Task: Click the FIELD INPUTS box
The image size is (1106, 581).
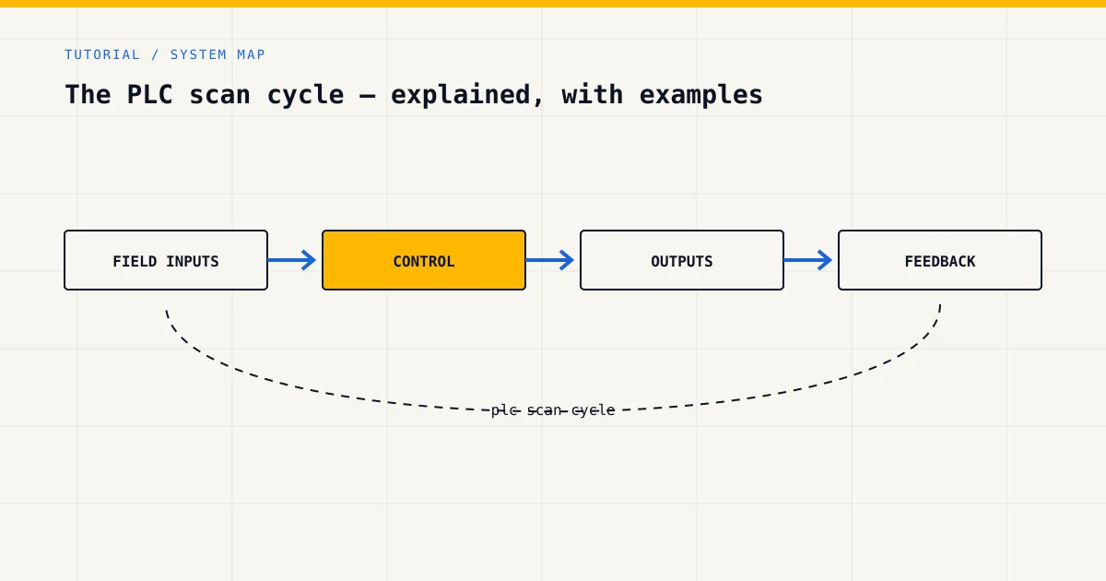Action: tap(166, 260)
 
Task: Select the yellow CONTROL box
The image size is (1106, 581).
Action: tap(424, 260)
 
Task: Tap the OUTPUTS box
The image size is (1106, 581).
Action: tap(682, 260)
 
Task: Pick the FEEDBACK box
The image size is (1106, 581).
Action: tap(940, 260)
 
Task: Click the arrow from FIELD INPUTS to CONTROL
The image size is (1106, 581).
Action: tap(292, 260)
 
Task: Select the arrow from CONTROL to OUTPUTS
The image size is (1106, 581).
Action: tap(550, 260)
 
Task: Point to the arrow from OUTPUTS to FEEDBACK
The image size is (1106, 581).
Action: tap(808, 260)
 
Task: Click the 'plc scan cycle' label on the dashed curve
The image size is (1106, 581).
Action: tap(553, 410)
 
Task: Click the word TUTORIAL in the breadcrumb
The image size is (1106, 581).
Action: tap(102, 54)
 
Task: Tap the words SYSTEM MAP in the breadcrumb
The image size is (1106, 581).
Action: tap(218, 54)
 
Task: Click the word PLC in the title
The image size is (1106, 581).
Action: tap(149, 94)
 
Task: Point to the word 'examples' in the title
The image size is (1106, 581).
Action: tap(700, 95)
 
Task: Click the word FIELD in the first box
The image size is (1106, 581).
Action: tap(135, 261)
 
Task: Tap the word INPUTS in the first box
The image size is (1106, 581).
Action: tap(193, 261)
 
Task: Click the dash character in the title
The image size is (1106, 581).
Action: tap(368, 96)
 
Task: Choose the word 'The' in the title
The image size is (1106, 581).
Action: tap(88, 94)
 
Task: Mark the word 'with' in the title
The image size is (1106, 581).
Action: tap(592, 94)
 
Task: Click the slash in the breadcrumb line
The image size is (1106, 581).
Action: tap(155, 54)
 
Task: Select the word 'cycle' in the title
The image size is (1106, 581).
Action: tap(305, 95)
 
